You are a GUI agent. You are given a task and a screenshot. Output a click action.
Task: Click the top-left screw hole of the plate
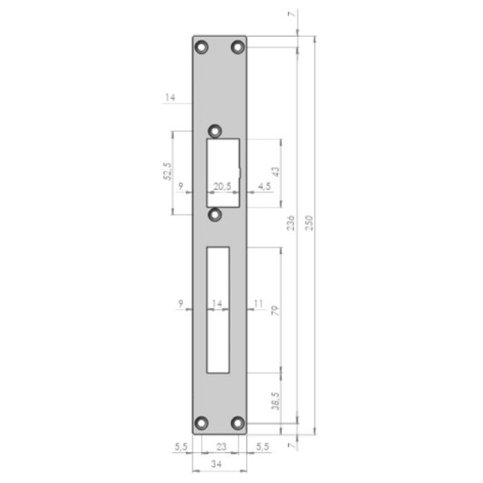tap(201, 47)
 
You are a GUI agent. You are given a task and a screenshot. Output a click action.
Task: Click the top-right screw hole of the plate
tap(237, 47)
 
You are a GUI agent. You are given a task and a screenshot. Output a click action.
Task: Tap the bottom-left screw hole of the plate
tap(201, 423)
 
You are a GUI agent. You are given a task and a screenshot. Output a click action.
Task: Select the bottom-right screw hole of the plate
tap(237, 423)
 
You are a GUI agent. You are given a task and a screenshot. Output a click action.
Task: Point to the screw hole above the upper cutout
tap(215, 131)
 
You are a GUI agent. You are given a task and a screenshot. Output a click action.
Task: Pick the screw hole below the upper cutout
tap(214, 214)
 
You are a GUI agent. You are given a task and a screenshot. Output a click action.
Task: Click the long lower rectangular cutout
tap(218, 310)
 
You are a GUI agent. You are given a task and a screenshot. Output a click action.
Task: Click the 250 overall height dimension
tap(309, 223)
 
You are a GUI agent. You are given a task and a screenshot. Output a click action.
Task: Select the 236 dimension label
tap(291, 223)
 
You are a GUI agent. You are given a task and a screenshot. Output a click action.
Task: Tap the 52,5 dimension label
tap(167, 171)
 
